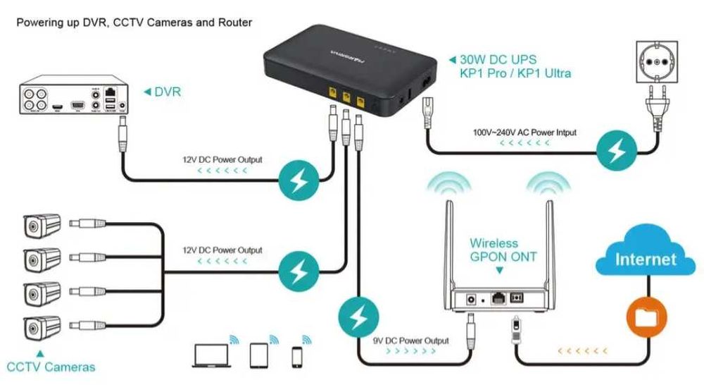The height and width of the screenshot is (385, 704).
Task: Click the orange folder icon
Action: pyautogui.click(x=645, y=317)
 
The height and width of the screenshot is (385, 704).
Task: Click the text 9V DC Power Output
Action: pyautogui.click(x=410, y=341)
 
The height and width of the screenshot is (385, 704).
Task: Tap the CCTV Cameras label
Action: pyautogui.click(x=51, y=367)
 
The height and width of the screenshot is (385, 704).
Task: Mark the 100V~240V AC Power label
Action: pyautogui.click(x=524, y=133)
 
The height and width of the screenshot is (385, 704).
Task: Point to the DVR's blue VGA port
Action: pyautogui.click(x=79, y=105)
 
